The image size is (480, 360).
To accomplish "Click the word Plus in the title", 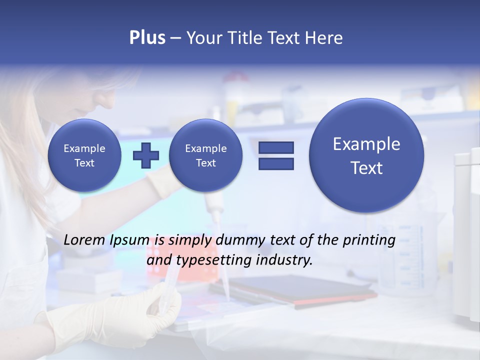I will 147,38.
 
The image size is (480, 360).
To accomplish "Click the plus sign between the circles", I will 146,155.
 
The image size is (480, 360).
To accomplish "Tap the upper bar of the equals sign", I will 276,147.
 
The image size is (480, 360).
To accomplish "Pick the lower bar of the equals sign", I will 276,164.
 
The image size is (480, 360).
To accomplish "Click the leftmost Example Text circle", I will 84,155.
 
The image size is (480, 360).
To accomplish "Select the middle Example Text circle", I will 205,155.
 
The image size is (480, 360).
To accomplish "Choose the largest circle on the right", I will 366,155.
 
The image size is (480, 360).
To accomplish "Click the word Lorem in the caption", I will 84,240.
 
